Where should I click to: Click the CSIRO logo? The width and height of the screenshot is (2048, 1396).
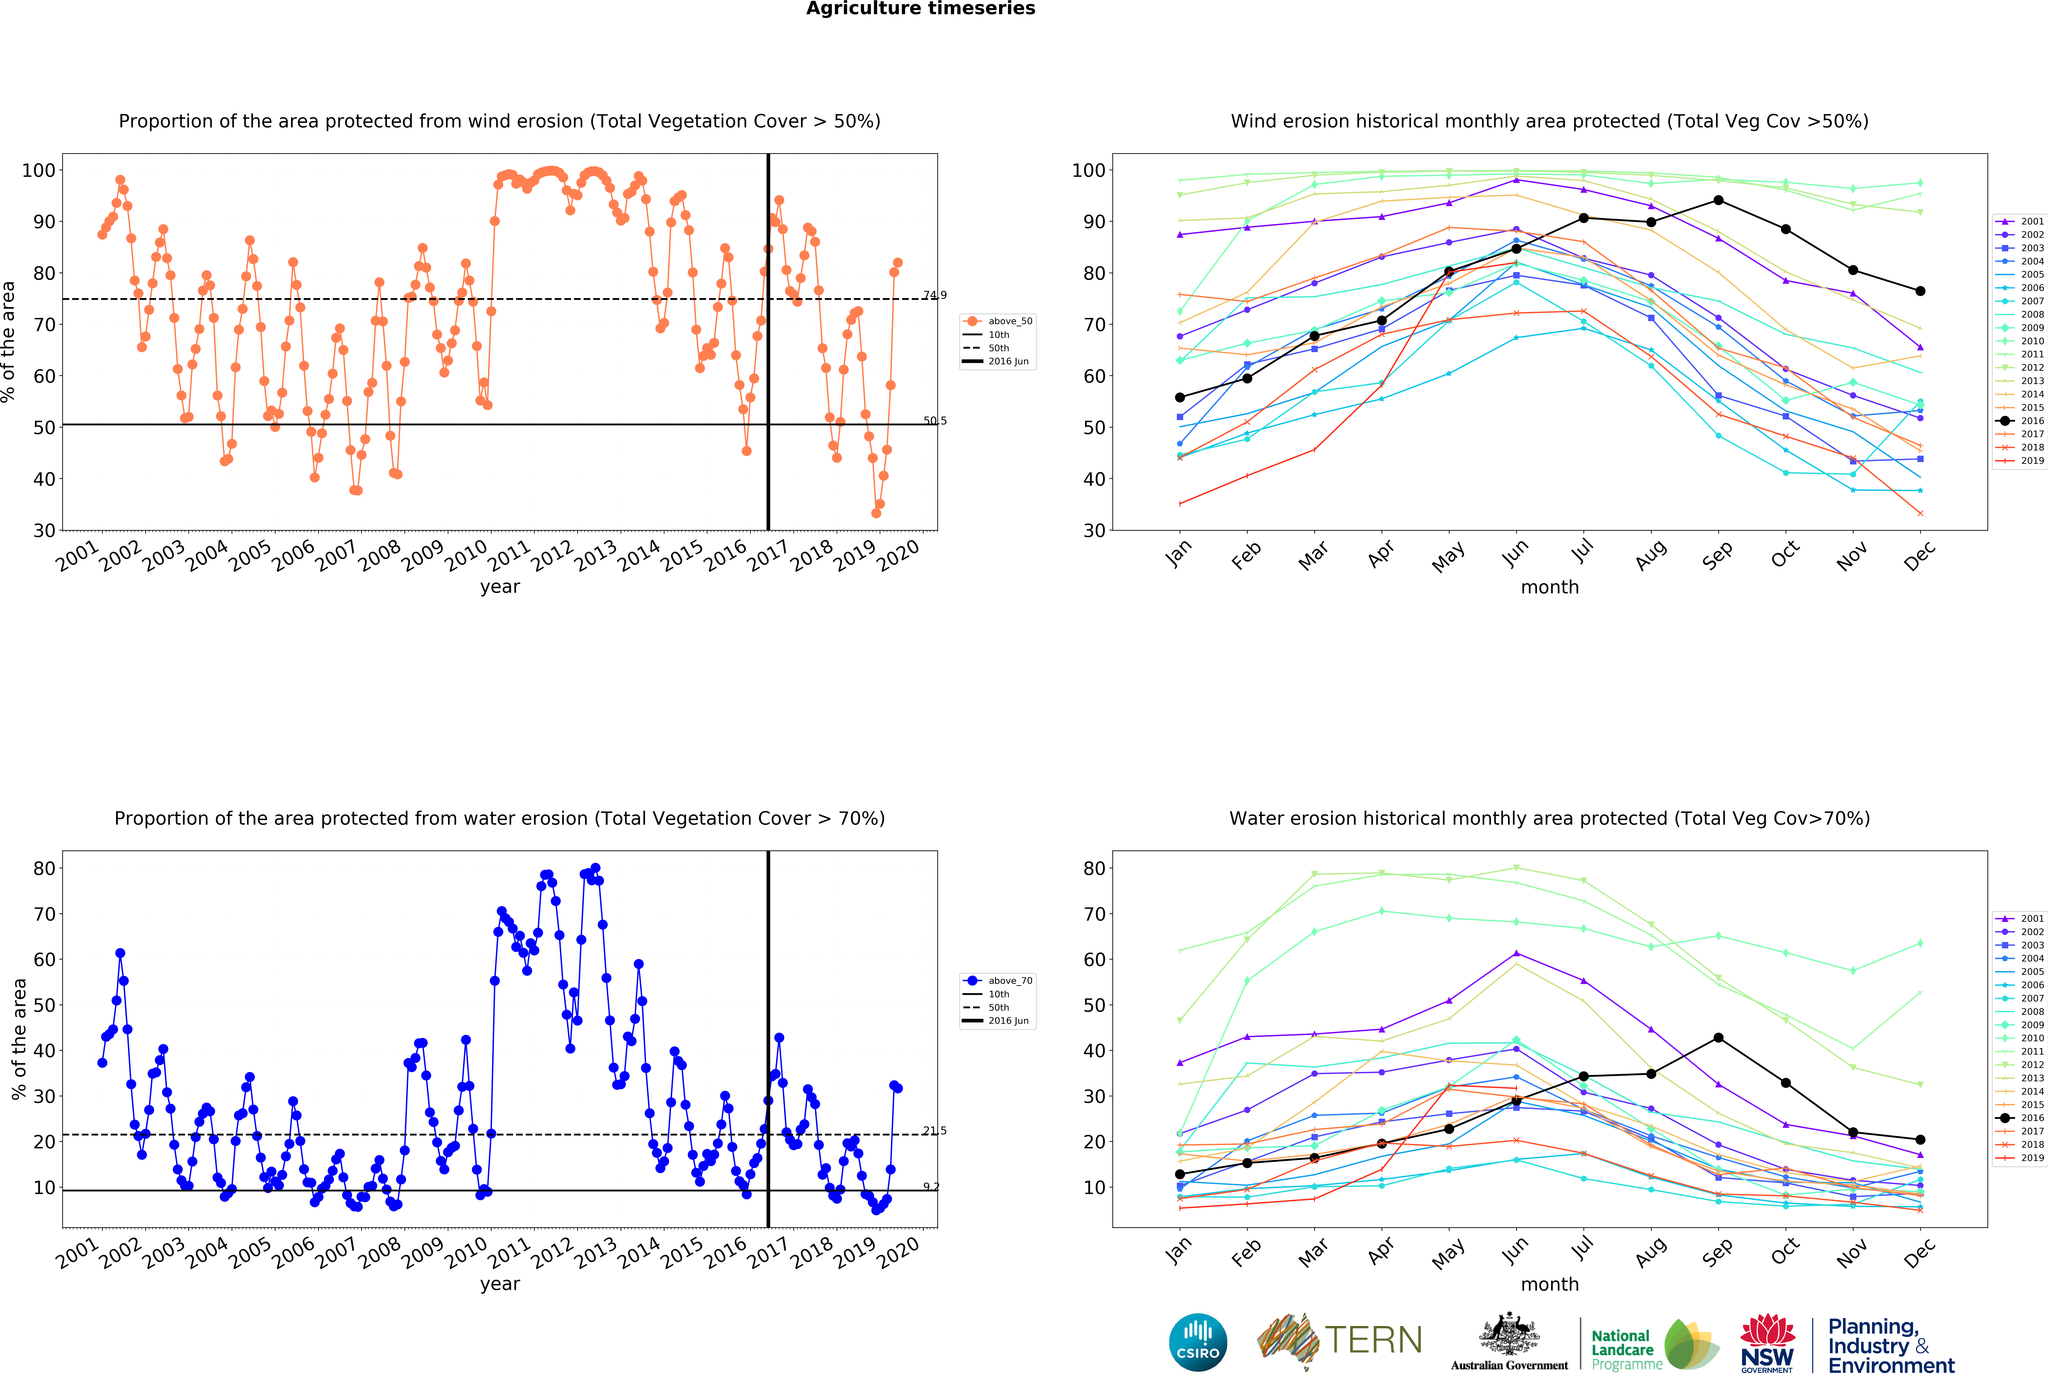click(x=1198, y=1342)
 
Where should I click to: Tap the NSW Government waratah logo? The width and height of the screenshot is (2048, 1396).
click(x=1767, y=1342)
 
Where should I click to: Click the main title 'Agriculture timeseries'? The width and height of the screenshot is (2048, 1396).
click(x=920, y=9)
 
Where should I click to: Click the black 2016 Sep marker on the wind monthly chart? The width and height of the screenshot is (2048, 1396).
click(x=1718, y=200)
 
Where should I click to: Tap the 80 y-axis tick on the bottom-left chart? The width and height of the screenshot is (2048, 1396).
click(x=44, y=868)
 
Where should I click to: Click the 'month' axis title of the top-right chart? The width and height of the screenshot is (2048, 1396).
click(x=1549, y=587)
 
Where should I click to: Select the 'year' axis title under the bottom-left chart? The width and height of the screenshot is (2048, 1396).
click(x=500, y=1284)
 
